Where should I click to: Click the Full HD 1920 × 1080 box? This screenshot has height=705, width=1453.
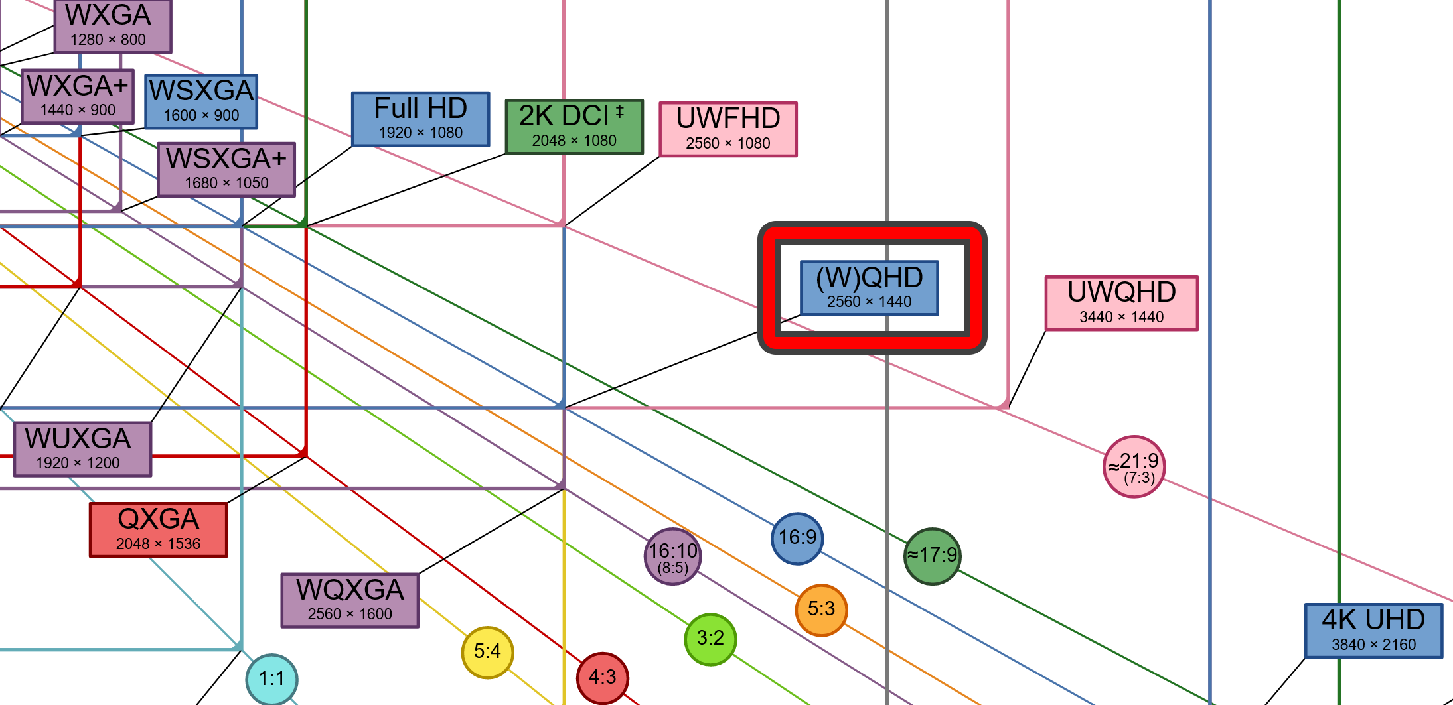(x=420, y=119)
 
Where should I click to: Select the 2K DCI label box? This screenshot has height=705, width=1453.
(x=574, y=127)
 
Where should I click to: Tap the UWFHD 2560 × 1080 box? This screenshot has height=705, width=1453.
(x=728, y=129)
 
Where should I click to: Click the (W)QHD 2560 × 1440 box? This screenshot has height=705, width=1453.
(x=869, y=288)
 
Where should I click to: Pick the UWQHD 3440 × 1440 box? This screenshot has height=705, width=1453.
(x=1121, y=303)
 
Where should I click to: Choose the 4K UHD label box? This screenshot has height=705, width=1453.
(x=1373, y=631)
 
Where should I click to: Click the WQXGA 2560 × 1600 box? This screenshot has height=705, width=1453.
(x=350, y=600)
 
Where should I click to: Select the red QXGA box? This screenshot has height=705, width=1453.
(x=158, y=530)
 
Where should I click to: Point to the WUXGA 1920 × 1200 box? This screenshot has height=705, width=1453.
(x=82, y=449)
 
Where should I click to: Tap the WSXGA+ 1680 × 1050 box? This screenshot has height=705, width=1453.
(x=226, y=169)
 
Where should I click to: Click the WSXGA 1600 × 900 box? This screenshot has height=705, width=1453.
(x=201, y=101)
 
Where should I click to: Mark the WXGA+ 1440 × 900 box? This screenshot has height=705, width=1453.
(x=78, y=97)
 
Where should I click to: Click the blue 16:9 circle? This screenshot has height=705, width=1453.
(x=797, y=538)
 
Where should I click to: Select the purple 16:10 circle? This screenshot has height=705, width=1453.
(x=672, y=556)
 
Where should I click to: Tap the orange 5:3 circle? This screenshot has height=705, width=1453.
(x=821, y=609)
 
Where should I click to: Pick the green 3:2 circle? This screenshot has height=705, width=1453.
(x=710, y=639)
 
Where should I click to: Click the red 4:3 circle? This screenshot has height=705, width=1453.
(x=602, y=677)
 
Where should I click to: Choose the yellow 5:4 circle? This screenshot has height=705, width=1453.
(x=487, y=652)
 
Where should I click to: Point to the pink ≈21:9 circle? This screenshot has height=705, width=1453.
(x=1134, y=466)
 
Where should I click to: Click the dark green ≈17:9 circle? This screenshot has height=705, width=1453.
(x=932, y=556)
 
